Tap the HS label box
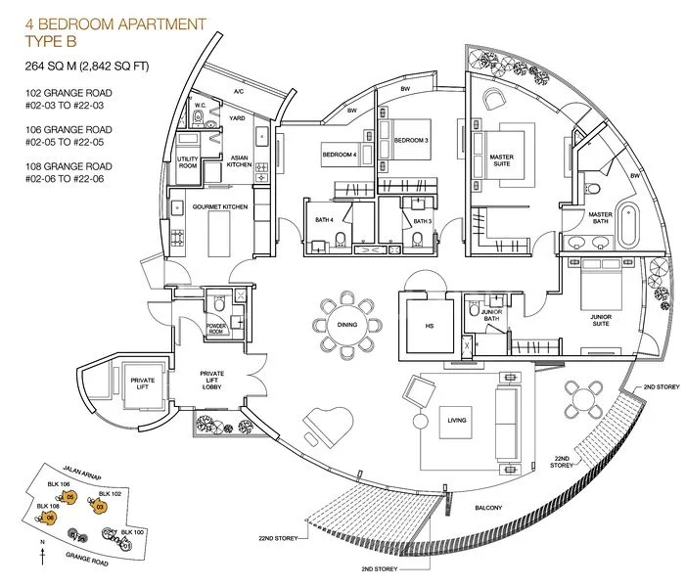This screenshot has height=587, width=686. (427, 325)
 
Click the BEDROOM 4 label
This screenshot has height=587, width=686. (338, 155)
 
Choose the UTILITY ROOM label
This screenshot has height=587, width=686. (187, 162)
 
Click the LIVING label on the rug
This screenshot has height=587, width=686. (456, 421)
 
